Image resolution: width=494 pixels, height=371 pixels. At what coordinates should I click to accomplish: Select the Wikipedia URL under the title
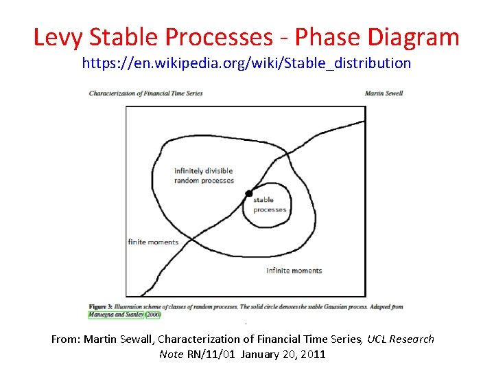[x=246, y=64]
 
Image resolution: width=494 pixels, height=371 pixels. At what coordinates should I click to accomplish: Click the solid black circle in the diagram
[x=248, y=194]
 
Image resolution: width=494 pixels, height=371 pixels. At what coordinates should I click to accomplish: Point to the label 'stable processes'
[x=269, y=205]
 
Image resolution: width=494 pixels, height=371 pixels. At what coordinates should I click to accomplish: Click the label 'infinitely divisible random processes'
[x=204, y=176]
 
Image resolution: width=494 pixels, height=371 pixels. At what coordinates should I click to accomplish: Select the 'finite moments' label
[x=153, y=242]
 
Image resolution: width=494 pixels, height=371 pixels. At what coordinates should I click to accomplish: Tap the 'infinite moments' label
[x=294, y=271]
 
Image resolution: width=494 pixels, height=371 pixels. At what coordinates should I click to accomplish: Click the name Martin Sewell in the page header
[x=384, y=93]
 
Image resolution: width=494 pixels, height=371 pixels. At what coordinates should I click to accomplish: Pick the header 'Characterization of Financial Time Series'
[x=145, y=93]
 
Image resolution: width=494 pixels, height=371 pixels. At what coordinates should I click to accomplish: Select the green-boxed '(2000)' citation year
[x=152, y=315]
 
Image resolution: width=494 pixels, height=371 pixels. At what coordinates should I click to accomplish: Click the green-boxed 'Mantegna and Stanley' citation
[x=115, y=315]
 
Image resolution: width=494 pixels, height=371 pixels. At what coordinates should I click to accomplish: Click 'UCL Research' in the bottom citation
[x=401, y=339]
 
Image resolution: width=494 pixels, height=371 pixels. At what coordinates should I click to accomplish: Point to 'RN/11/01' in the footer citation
[x=210, y=355]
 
